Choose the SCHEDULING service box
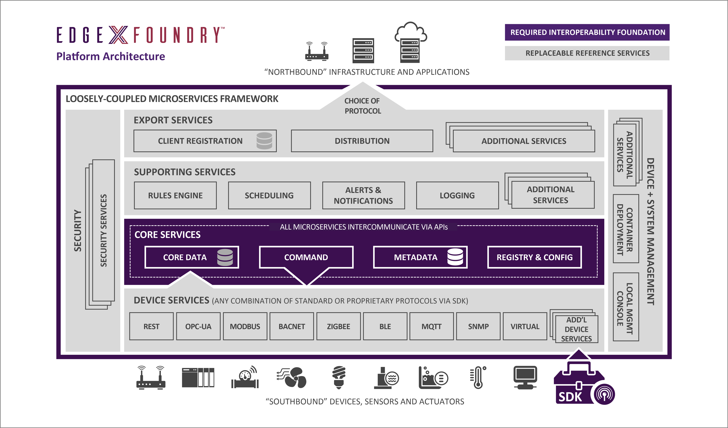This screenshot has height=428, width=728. click(269, 195)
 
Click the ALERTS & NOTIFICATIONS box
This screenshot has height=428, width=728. click(363, 195)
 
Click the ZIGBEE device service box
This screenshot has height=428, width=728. click(338, 326)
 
